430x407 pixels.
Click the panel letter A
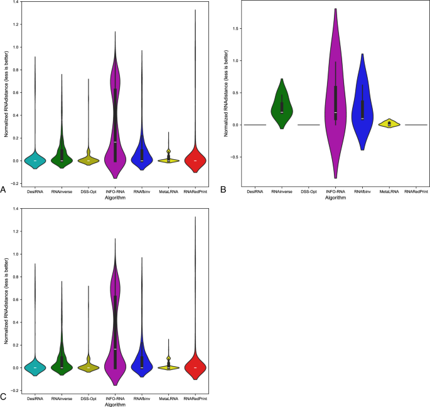click(x=4, y=189)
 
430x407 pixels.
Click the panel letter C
click(x=4, y=396)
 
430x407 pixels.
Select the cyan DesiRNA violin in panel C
click(x=35, y=367)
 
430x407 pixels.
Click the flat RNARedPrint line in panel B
click(x=417, y=125)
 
